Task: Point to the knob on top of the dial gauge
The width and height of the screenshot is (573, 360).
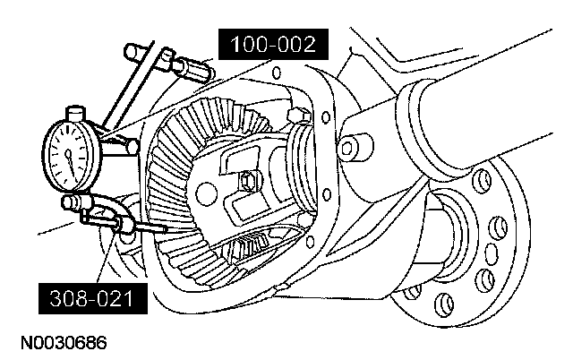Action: tap(75, 115)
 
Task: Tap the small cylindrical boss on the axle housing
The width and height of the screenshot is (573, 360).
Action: tap(355, 145)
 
